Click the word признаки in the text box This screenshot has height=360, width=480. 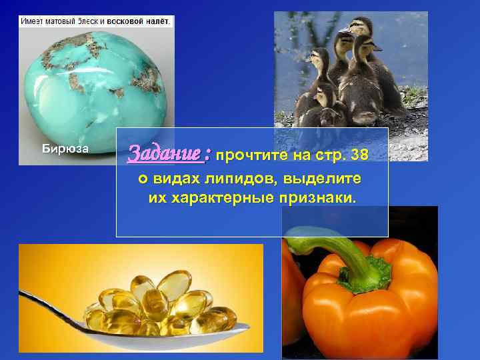tap(317, 199)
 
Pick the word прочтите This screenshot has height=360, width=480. tap(253, 156)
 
